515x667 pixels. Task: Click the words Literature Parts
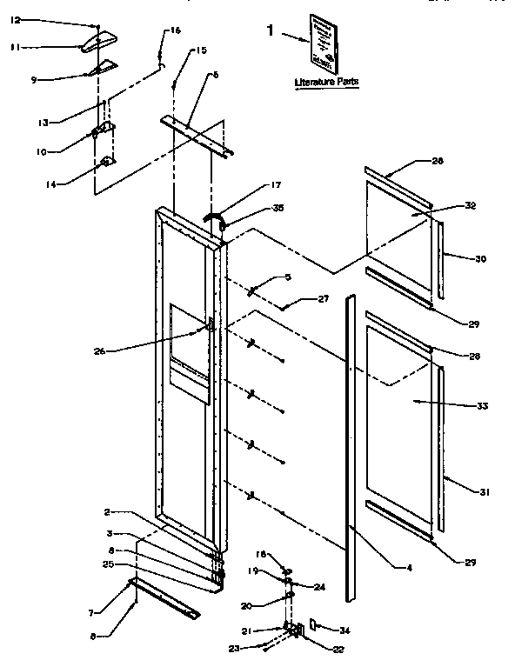(326, 82)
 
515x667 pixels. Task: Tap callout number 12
(15, 19)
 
